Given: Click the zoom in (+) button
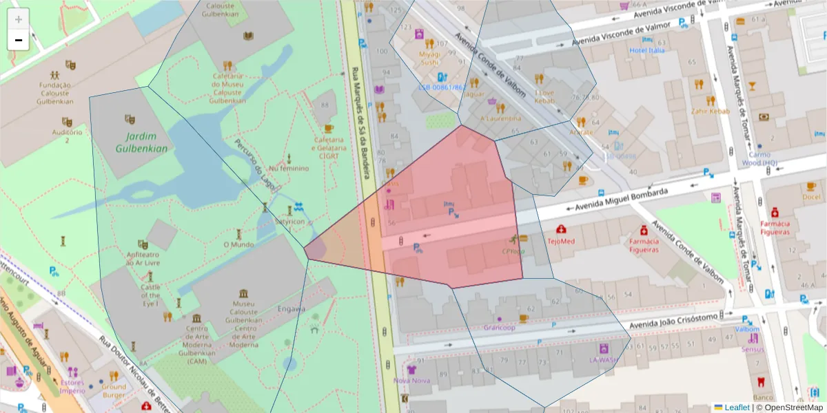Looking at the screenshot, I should (19, 19).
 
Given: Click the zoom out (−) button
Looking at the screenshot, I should (19, 40).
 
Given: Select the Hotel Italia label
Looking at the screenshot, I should (646, 50).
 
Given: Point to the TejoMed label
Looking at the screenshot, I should (561, 242).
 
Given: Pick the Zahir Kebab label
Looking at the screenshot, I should (710, 111).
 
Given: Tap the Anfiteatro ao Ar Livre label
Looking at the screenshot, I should (143, 257).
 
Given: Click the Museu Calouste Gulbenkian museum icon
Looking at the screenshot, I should (243, 293).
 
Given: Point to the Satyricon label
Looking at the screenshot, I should (289, 222).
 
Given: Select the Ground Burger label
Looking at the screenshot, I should (114, 390).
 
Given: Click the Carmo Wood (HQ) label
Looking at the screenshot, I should (760, 158).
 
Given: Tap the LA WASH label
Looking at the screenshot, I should (604, 360).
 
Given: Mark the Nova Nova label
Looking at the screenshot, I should (411, 380).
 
